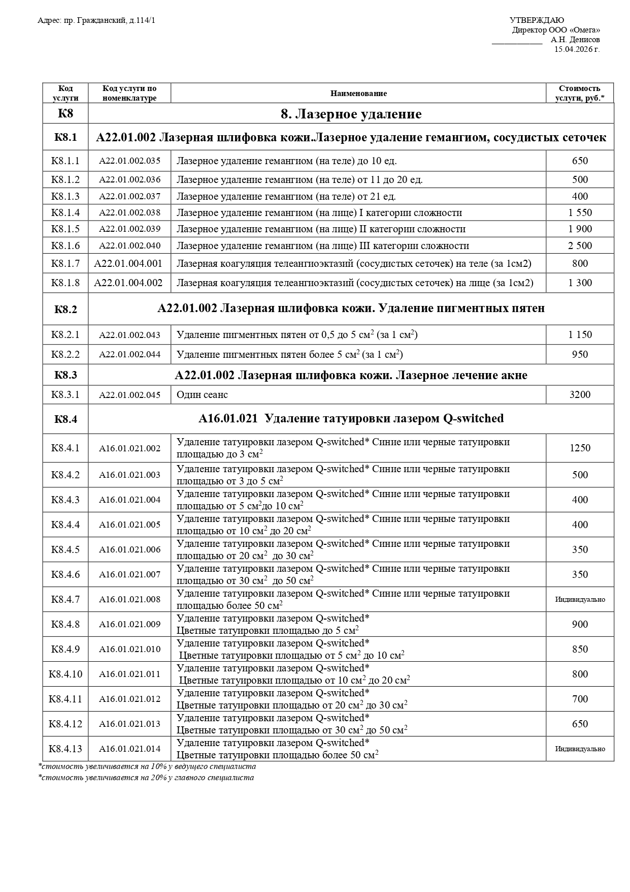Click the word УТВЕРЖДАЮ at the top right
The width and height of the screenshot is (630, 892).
[x=537, y=20]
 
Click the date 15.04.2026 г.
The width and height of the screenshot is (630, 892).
[x=577, y=49]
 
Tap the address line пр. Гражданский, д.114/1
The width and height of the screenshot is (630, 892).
[x=96, y=20]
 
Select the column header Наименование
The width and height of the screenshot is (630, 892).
[x=358, y=94]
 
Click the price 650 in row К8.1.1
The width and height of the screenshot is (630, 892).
[x=580, y=161]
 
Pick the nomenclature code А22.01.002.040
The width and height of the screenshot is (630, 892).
[x=129, y=246]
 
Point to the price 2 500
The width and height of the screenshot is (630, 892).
[x=580, y=246]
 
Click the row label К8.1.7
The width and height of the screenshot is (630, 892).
[x=65, y=264]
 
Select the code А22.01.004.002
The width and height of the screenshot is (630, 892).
[x=128, y=283]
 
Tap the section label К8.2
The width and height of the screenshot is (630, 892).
[x=65, y=309]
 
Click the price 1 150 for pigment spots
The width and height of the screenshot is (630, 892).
[x=580, y=335]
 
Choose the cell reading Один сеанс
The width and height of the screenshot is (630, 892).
[x=202, y=395]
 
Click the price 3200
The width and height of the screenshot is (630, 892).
[x=580, y=395]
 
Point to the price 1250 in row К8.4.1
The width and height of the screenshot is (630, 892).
[x=580, y=448]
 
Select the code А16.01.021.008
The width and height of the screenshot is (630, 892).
[x=129, y=600]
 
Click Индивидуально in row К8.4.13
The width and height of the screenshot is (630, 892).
[x=580, y=749]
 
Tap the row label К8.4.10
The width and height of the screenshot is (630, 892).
[x=65, y=674]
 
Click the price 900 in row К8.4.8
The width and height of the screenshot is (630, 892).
[x=580, y=625]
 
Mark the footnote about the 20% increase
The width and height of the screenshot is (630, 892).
[x=146, y=778]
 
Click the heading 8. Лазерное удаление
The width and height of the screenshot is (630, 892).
[x=351, y=114]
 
